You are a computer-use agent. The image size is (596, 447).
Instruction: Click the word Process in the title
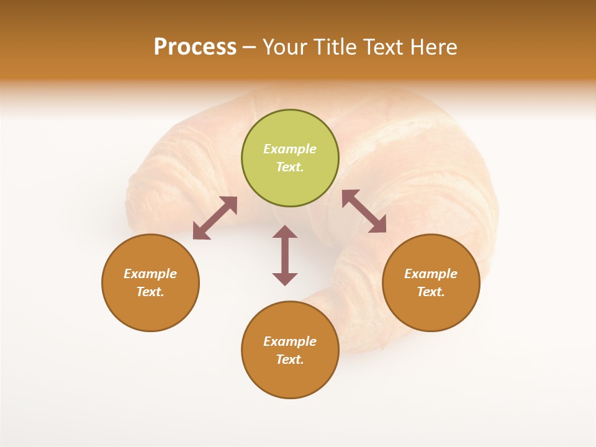coord(195,47)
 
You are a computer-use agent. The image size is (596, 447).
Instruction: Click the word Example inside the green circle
coord(290,149)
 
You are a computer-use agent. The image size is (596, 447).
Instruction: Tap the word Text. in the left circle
coord(150,292)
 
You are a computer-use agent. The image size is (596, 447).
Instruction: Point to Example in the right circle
coord(431,274)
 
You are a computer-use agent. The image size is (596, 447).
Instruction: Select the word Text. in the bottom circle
coord(290,359)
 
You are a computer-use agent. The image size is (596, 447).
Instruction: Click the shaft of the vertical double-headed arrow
coord(285,255)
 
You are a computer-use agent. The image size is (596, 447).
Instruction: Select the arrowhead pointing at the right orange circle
coord(378,225)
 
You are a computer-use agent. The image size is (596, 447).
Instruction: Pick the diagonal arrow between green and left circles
coord(215,218)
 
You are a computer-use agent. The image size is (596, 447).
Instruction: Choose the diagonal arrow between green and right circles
coord(364,211)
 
